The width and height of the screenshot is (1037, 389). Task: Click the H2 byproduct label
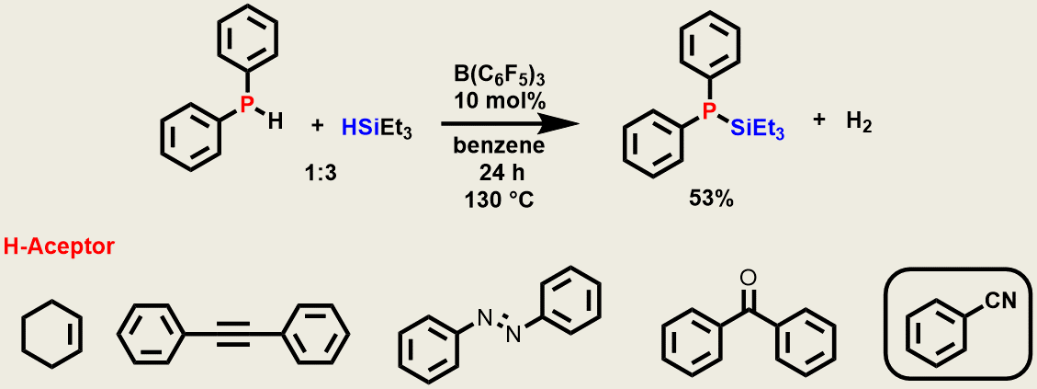[859, 125]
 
